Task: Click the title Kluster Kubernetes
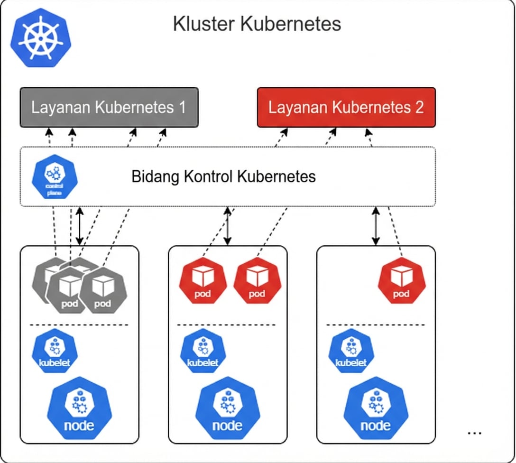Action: pos(257,24)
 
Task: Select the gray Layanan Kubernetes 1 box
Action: pos(109,107)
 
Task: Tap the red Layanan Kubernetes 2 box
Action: pos(346,107)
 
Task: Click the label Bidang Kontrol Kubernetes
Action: pos(223,177)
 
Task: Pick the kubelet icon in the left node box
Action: pos(54,352)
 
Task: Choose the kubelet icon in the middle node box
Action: pos(203,352)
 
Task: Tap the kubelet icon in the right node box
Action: pos(351,352)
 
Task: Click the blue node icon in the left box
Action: pos(79,409)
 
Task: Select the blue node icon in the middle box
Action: pos(228,409)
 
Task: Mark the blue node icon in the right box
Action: pos(376,409)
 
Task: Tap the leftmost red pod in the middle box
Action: pos(203,281)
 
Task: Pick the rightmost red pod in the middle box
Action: pos(257,281)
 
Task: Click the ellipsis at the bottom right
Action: pos(474,433)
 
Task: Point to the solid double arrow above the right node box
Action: pos(376,226)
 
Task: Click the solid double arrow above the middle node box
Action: pos(228,226)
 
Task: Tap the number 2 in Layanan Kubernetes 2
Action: pos(418,107)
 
